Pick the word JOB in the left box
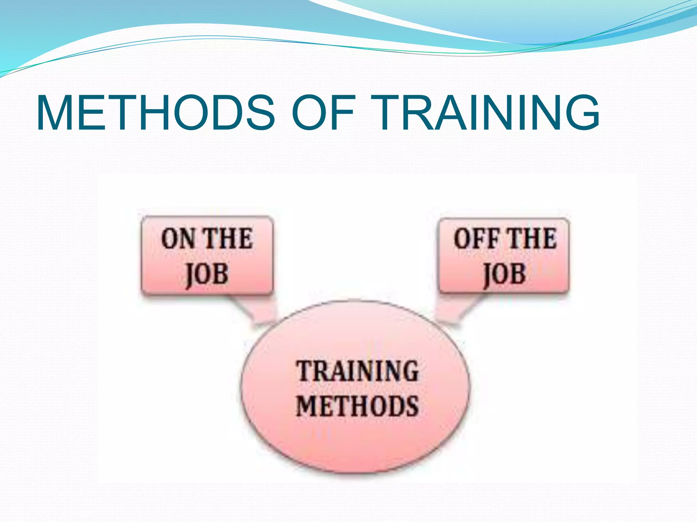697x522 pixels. (x=207, y=275)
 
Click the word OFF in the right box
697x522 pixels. (x=476, y=239)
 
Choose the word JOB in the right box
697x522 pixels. (x=504, y=275)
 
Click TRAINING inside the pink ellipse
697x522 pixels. (x=357, y=371)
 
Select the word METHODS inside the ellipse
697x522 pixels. (x=357, y=406)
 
